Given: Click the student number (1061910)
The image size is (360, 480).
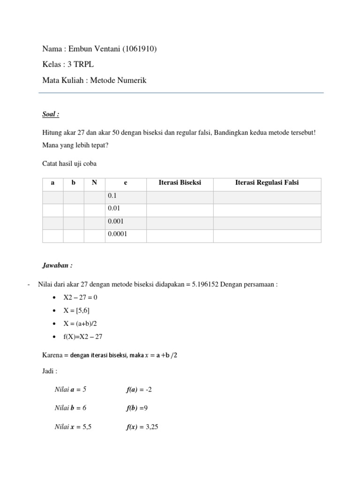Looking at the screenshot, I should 139,49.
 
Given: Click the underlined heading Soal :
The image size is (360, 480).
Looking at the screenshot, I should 51,114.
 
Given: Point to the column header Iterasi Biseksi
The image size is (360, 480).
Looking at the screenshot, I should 180,183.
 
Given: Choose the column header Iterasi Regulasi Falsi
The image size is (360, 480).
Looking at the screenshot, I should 267,183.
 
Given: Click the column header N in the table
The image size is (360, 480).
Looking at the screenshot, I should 94,183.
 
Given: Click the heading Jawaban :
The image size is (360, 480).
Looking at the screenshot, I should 57,265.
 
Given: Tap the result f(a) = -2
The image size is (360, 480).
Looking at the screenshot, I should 139,389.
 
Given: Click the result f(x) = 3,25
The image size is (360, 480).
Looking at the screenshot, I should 142,427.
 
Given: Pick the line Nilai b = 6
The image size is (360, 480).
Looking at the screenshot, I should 70,408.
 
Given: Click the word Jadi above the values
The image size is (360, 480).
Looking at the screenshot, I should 49,371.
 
